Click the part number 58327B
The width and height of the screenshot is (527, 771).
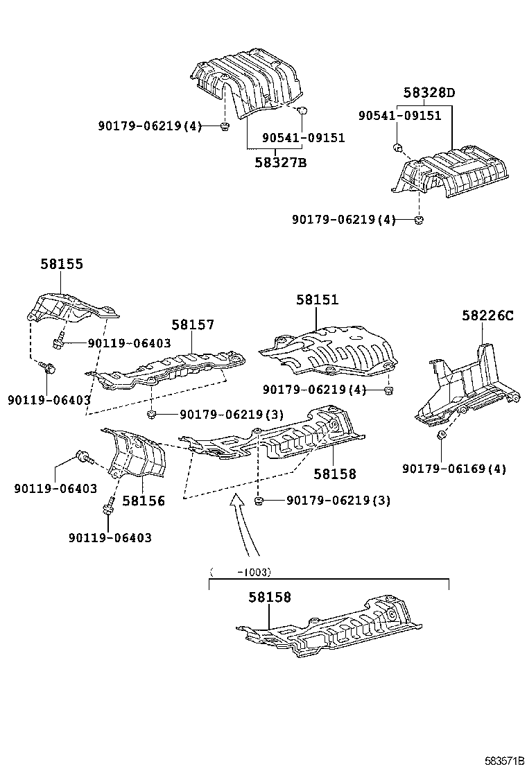279,163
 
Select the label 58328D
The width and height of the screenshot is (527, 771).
429,93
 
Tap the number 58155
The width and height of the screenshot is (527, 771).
61,263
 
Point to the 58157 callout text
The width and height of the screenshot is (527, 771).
193,324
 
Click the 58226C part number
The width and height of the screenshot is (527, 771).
487,316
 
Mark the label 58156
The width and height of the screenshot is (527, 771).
144,501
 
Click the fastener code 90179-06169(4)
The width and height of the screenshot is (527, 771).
454,469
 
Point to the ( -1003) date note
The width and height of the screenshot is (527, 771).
240,572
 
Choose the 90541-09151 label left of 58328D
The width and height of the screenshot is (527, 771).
399,116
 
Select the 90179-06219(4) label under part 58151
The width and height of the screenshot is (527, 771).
314,390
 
